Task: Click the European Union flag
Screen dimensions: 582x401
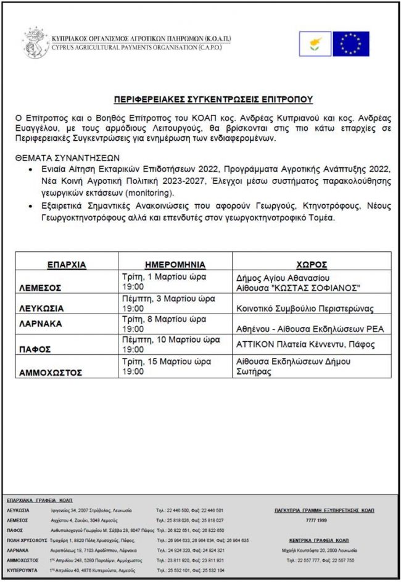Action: click(351, 44)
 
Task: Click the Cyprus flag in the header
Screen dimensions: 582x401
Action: click(315, 44)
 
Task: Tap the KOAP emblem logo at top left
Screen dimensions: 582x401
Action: click(34, 43)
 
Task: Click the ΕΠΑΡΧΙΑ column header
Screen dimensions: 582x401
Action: click(67, 264)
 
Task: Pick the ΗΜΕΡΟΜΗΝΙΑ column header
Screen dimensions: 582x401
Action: click(176, 264)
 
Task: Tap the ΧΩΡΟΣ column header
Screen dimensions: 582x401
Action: click(315, 264)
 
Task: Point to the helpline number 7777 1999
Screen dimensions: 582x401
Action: click(324, 520)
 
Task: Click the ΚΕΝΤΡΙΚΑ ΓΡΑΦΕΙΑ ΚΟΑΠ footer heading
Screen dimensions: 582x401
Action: click(324, 539)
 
